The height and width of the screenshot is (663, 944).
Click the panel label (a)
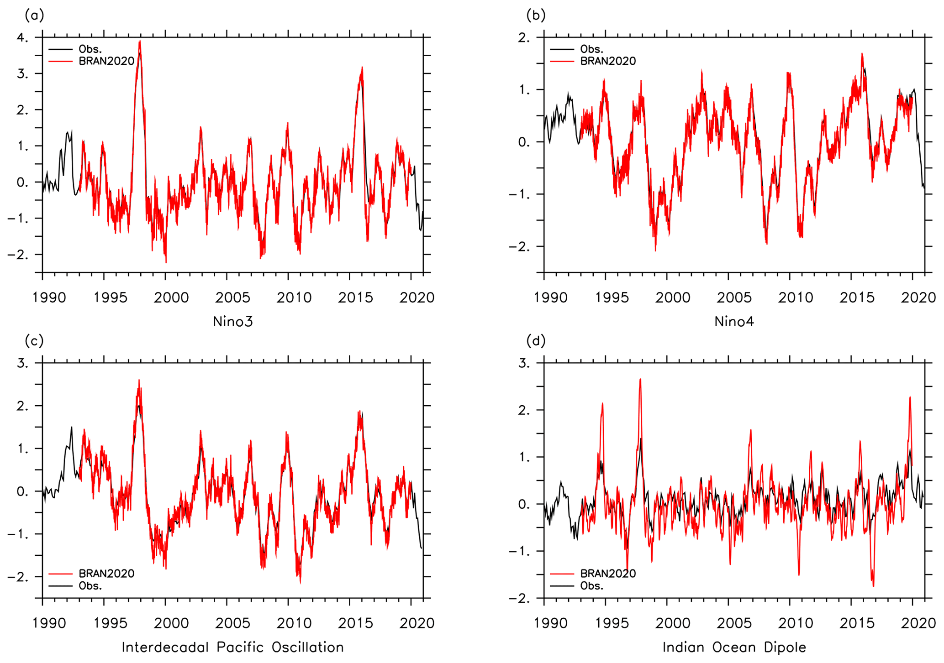[34, 16]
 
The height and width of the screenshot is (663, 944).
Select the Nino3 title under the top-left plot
[232, 322]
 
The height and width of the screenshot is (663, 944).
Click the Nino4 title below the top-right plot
[734, 322]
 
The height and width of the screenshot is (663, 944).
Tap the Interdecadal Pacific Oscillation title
[232, 647]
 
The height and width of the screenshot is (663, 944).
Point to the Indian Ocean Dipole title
[734, 647]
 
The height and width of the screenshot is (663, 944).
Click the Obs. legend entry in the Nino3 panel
[90, 49]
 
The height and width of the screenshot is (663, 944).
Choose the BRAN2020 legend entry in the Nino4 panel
[607, 61]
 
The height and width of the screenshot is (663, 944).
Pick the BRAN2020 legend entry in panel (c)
[106, 574]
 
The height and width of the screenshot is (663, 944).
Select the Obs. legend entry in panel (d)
[591, 586]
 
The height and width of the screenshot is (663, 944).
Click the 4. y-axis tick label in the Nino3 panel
[22, 37]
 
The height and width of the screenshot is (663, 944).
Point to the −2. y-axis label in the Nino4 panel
[521, 247]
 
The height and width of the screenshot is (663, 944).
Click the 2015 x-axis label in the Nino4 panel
[857, 298]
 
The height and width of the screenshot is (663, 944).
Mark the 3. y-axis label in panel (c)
[22, 364]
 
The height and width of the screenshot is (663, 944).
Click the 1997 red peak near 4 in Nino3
[140, 42]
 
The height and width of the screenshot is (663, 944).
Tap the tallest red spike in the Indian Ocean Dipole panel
[640, 379]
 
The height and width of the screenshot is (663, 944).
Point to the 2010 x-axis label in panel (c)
[294, 623]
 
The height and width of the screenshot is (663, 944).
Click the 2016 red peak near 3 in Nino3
[362, 68]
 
